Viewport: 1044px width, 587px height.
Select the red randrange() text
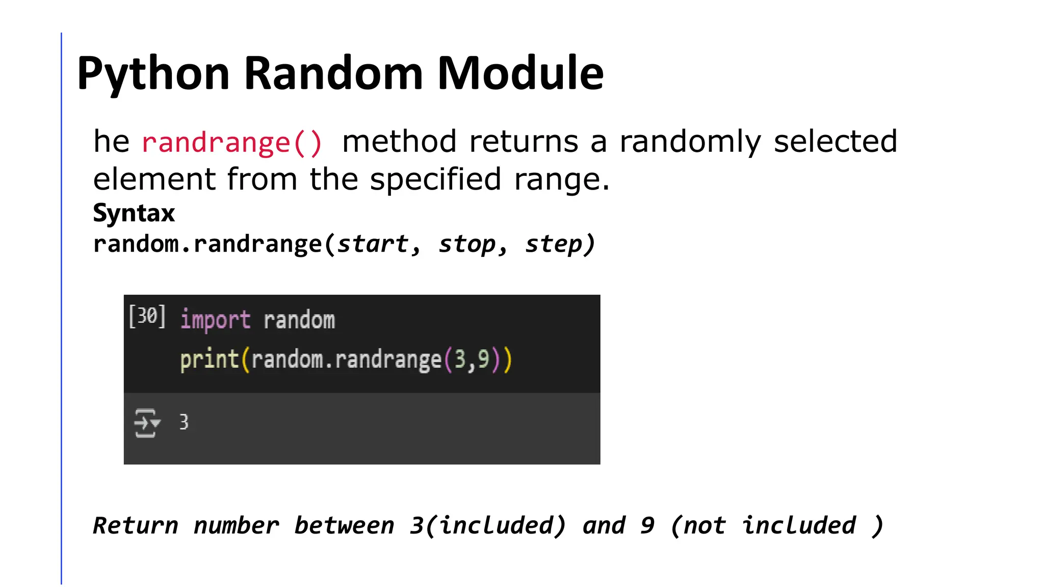[x=232, y=142]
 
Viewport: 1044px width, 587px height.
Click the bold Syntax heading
[x=134, y=213]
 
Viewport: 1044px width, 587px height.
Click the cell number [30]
[x=147, y=317]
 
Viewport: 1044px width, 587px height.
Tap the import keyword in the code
[x=215, y=320]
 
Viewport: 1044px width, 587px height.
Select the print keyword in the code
[x=210, y=359]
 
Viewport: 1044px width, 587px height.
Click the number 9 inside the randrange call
[x=483, y=359]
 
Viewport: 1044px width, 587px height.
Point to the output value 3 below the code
[x=184, y=422]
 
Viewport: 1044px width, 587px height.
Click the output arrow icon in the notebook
[x=146, y=423]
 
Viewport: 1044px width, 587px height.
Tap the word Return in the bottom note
[x=136, y=525]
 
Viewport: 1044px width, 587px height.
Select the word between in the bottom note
[x=345, y=525]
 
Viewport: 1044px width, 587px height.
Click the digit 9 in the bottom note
[x=647, y=525]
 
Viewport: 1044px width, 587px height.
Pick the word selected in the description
[x=835, y=141]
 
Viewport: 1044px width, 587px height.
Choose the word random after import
[x=299, y=320]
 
